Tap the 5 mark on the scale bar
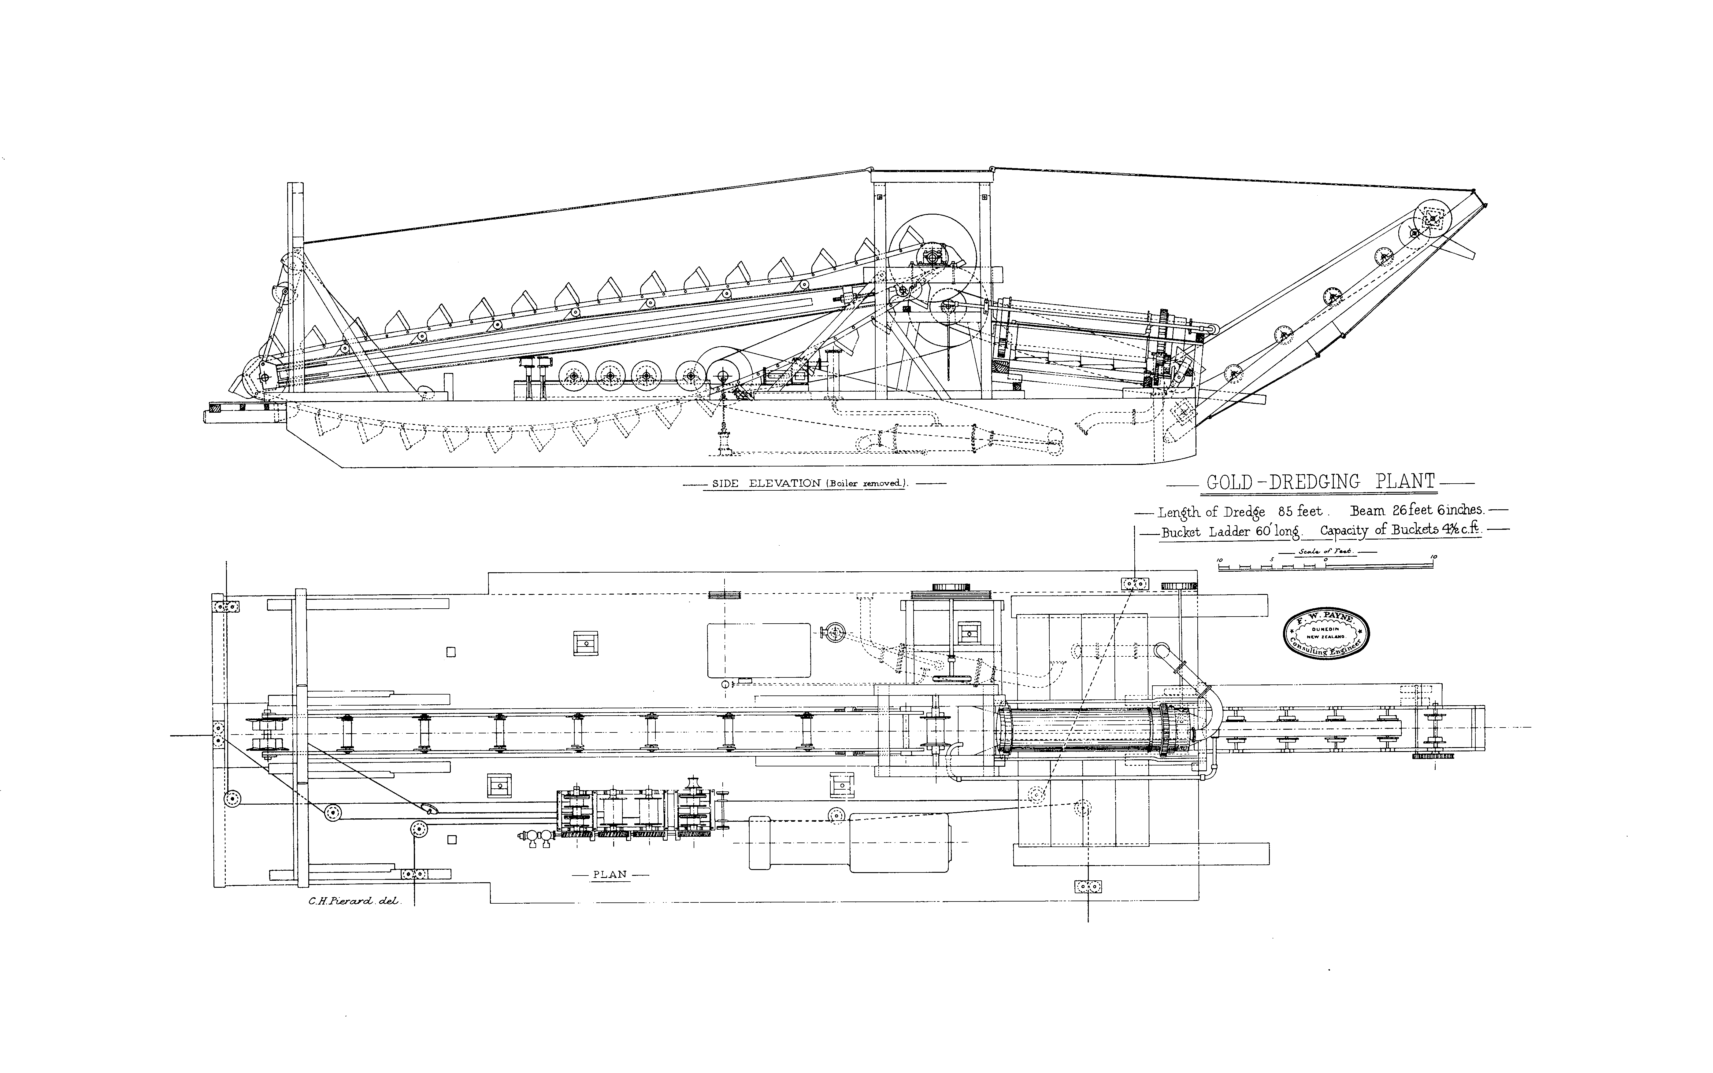1271,560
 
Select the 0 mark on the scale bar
1326,560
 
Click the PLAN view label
610,874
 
